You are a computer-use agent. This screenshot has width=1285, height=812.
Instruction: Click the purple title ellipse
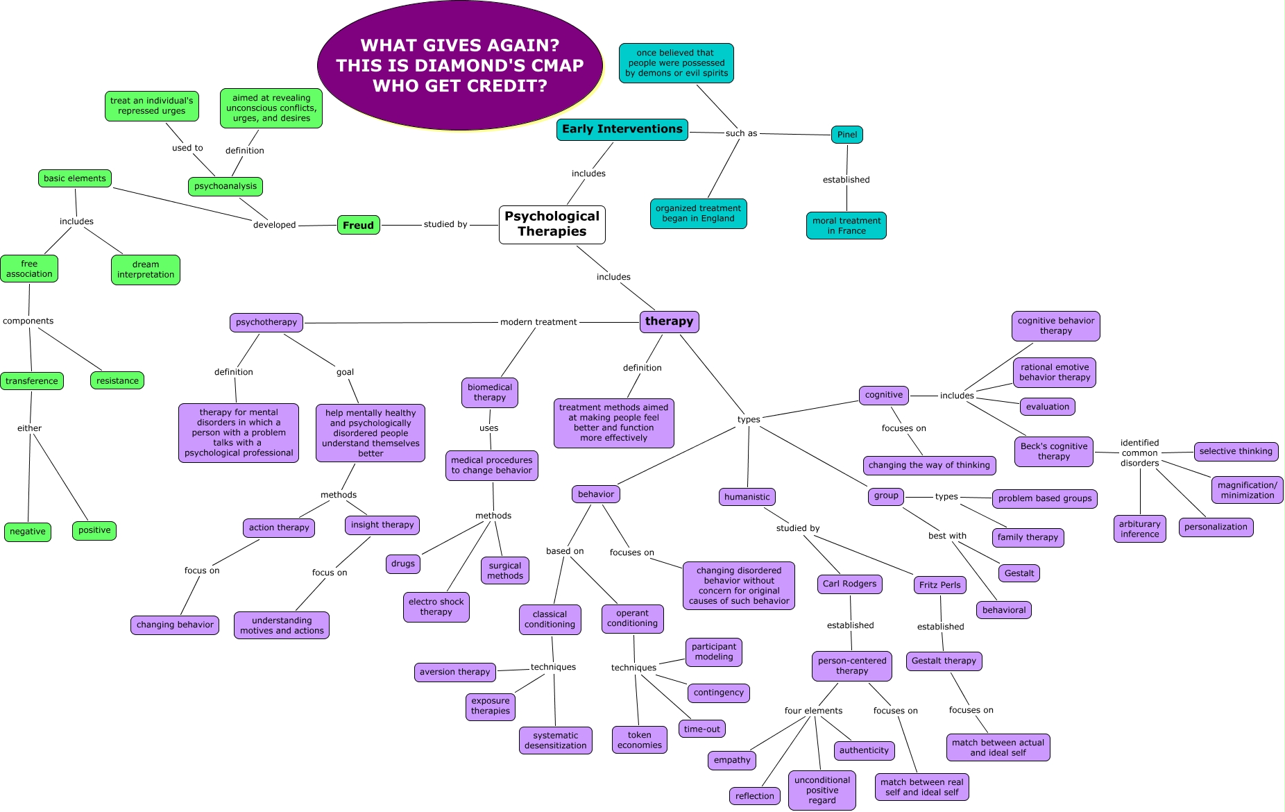pyautogui.click(x=459, y=66)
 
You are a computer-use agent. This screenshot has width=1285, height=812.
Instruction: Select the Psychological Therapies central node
pyautogui.click(x=552, y=224)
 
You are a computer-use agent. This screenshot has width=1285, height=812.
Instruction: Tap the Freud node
pyautogui.click(x=358, y=225)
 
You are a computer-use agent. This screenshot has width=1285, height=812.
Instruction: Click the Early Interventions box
pyautogui.click(x=622, y=129)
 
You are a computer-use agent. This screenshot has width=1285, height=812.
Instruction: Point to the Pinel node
pyautogui.click(x=846, y=135)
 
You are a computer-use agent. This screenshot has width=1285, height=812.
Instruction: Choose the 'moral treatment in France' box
pyautogui.click(x=846, y=226)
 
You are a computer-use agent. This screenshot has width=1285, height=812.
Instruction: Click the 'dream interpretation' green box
pyautogui.click(x=146, y=269)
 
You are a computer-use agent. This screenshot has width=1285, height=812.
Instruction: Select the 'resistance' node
pyautogui.click(x=117, y=380)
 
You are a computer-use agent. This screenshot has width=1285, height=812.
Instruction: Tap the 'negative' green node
pyautogui.click(x=28, y=532)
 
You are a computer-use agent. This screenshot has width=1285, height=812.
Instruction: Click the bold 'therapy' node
pyautogui.click(x=669, y=321)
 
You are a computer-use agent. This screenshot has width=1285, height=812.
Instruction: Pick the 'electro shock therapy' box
pyautogui.click(x=436, y=607)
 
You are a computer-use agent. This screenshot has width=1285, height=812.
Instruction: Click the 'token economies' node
pyautogui.click(x=639, y=740)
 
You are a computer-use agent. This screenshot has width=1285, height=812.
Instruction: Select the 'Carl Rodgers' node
pyautogui.click(x=849, y=584)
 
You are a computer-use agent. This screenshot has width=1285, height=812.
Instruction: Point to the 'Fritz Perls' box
pyautogui.click(x=939, y=585)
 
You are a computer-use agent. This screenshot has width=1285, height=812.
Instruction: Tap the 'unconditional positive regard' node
pyautogui.click(x=822, y=790)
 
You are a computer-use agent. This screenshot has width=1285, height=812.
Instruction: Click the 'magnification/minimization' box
pyautogui.click(x=1247, y=490)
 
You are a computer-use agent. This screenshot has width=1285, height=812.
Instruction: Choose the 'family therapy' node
pyautogui.click(x=1028, y=537)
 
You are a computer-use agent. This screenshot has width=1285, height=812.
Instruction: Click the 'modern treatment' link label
pyautogui.click(x=538, y=322)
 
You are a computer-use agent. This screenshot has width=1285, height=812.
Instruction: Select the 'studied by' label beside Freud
pyautogui.click(x=445, y=224)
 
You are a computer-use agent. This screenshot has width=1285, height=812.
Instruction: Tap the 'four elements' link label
pyautogui.click(x=813, y=711)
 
